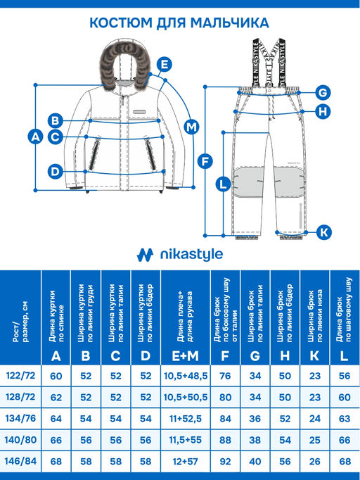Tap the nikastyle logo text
click(190, 254)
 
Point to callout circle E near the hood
click(164, 65)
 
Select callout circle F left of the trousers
click(205, 160)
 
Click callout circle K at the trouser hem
click(323, 232)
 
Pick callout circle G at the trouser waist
click(323, 92)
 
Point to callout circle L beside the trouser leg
click(223, 184)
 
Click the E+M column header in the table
click(186, 356)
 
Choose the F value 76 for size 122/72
click(225, 376)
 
